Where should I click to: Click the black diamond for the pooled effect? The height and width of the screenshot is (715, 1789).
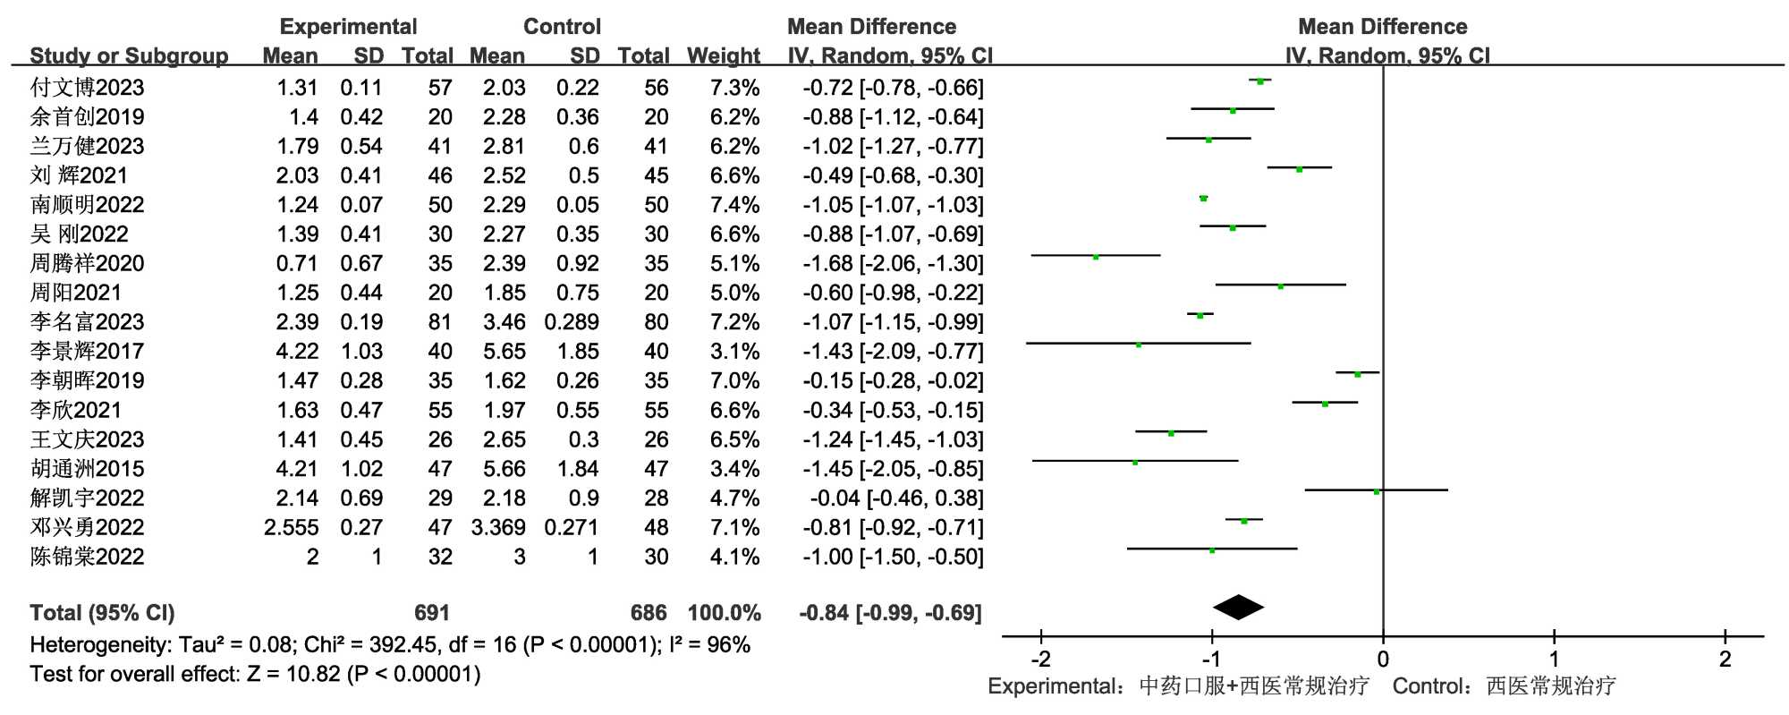1238,608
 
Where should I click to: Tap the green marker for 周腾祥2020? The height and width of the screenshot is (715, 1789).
1096,257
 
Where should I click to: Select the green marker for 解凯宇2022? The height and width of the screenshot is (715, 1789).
1377,491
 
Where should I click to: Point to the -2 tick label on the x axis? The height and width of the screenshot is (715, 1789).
1040,660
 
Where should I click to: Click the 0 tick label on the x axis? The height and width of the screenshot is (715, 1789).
1383,660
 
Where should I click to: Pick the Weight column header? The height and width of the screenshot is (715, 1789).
723,56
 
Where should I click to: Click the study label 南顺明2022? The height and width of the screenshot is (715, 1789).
87,205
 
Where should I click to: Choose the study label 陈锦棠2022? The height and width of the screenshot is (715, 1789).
87,557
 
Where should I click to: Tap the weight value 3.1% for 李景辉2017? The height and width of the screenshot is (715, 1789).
734,352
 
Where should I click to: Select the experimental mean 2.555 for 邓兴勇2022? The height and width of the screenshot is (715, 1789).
291,528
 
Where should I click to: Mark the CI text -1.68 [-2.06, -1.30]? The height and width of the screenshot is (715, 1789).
893,264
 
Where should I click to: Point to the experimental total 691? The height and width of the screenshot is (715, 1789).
431,613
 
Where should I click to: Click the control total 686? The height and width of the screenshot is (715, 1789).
649,613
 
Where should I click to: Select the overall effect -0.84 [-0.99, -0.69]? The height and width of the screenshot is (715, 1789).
890,613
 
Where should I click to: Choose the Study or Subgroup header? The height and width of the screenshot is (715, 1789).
129,56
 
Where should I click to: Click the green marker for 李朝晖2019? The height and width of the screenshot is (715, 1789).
1357,374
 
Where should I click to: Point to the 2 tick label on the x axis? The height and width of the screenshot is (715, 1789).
1725,660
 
